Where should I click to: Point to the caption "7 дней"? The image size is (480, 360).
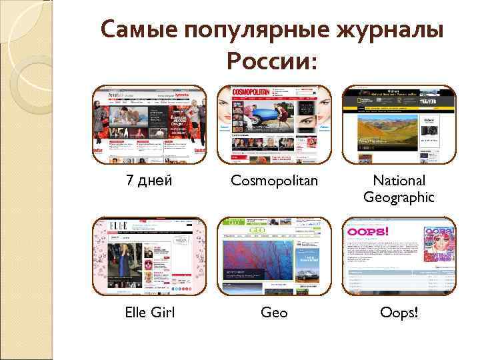[x=150, y=181]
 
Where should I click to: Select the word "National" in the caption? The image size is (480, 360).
[x=399, y=181]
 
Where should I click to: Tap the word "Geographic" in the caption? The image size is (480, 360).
[x=399, y=197]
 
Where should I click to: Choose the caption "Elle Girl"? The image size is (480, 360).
[x=150, y=312]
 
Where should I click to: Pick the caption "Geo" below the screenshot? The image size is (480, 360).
[x=274, y=312]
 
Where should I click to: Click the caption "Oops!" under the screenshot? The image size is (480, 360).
[x=399, y=312]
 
